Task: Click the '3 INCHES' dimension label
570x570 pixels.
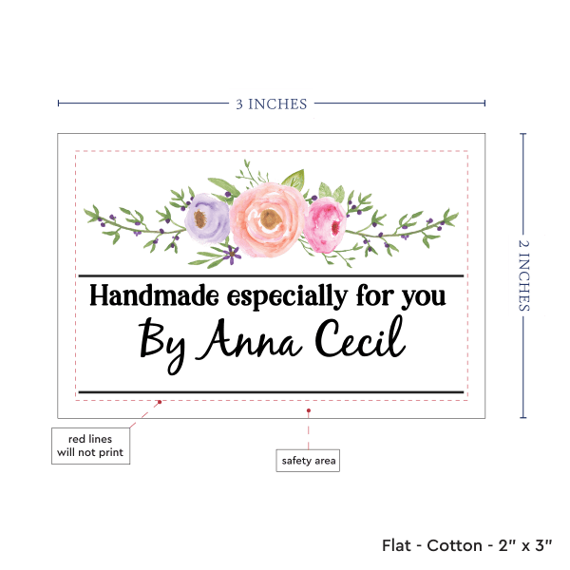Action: (272, 104)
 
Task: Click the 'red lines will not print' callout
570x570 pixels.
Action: (90, 445)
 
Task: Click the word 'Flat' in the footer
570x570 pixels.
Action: (398, 545)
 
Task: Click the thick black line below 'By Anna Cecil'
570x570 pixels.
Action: (271, 391)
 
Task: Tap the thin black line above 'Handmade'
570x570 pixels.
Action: (271, 275)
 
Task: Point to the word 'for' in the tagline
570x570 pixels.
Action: (373, 296)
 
